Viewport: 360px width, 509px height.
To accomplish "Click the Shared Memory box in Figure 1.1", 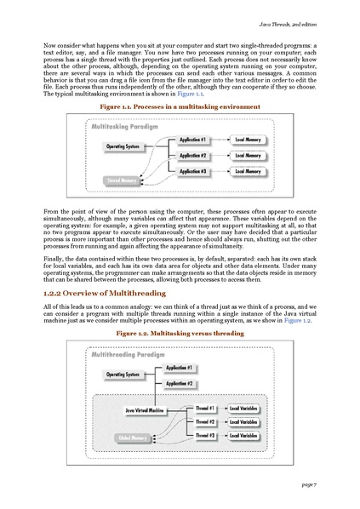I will click(x=121, y=181).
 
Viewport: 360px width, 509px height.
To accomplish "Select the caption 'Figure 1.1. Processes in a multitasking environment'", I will click(x=180, y=107).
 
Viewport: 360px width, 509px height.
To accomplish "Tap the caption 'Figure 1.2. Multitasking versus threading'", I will click(x=179, y=334).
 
